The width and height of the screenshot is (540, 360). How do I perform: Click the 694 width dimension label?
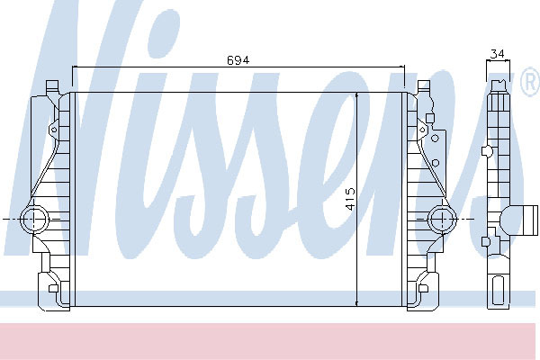click(x=238, y=60)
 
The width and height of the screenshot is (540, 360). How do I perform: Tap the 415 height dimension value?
click(x=350, y=199)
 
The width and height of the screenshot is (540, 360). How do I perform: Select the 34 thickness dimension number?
click(x=498, y=54)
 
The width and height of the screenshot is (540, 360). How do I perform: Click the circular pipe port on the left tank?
click(x=35, y=219)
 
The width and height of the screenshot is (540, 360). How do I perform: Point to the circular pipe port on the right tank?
click(x=442, y=219)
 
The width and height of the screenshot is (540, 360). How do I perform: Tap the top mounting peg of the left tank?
click(x=53, y=85)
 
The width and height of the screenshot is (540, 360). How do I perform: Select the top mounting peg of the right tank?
click(x=424, y=85)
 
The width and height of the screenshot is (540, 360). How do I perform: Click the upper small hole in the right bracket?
click(x=435, y=139)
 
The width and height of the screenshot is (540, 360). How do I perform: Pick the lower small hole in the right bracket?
click(x=435, y=163)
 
